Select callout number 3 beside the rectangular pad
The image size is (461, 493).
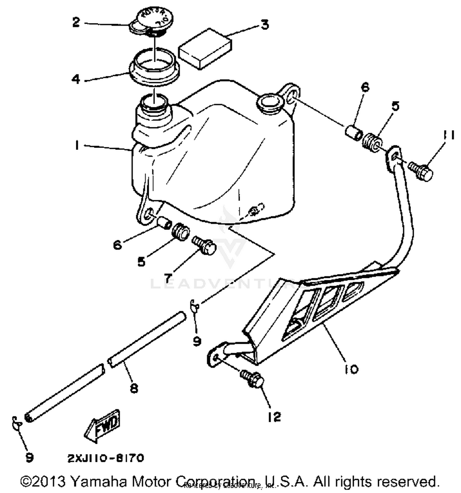pyautogui.click(x=265, y=24)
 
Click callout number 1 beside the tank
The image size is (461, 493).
pyautogui.click(x=77, y=145)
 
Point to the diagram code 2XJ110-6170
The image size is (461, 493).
pyautogui.click(x=106, y=458)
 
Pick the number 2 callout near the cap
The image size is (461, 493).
pyautogui.click(x=76, y=22)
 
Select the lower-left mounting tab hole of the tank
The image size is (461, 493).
pyautogui.click(x=148, y=214)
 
